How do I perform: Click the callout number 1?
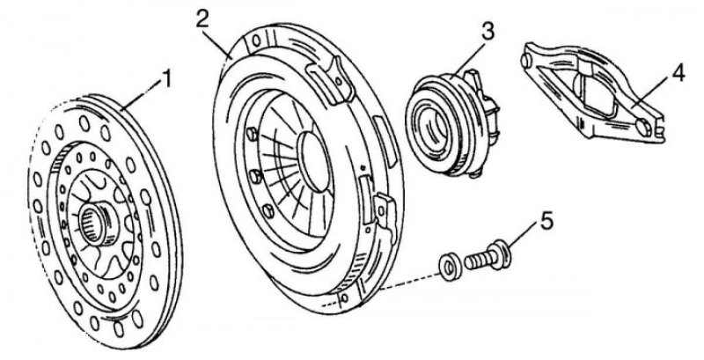coord(166,81)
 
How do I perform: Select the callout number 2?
coord(202,18)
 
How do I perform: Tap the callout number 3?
coord(488,32)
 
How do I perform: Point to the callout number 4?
coord(678,74)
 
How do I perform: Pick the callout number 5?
coord(546,222)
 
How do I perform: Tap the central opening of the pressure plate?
coord(315,161)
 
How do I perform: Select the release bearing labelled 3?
coord(452,124)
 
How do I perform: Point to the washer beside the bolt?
coord(448,269)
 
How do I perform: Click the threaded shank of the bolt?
coord(477,261)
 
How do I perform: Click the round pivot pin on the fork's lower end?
coord(642,127)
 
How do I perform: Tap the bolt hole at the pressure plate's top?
coord(257,40)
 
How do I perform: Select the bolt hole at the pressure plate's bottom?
coord(344,298)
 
